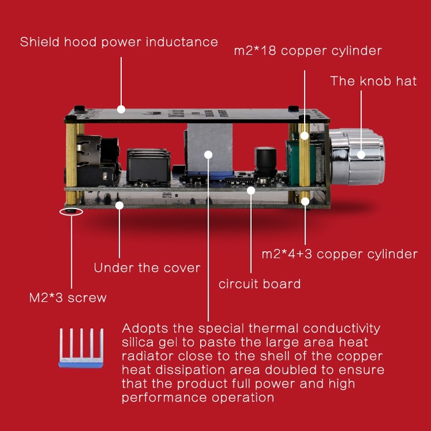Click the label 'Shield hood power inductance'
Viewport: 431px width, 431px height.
(x=119, y=42)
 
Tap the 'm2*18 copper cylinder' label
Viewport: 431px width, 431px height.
(x=307, y=51)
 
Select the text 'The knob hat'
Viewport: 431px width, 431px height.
(x=373, y=81)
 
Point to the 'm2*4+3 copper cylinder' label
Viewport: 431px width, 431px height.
(x=339, y=254)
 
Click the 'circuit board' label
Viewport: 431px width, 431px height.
(x=259, y=284)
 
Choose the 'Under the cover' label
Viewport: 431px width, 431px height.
(x=147, y=268)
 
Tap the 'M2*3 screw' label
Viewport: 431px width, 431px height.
(x=68, y=298)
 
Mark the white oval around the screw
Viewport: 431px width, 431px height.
(x=71, y=211)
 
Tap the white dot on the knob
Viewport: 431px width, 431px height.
(x=361, y=154)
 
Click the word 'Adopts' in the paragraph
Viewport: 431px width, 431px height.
(x=141, y=329)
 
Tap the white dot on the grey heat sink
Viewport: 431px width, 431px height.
(x=208, y=154)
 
